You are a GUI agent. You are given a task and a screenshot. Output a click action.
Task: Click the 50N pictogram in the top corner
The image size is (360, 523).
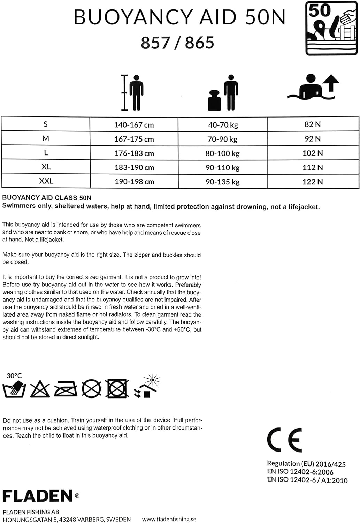331,28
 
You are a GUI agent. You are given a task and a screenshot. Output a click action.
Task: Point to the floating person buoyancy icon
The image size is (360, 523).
313,87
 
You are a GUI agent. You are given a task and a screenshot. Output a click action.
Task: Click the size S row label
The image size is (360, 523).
46,124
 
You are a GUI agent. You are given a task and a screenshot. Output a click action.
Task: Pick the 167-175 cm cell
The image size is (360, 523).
134,139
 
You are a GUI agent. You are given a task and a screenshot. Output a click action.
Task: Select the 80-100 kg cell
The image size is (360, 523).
223,153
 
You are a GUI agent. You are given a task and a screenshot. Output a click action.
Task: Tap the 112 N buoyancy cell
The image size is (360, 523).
313,167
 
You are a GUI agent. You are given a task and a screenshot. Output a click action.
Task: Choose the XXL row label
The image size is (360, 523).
46,181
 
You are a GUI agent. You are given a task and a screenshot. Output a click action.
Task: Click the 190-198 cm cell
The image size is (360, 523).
134,182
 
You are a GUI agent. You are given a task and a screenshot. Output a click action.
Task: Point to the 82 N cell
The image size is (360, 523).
313,124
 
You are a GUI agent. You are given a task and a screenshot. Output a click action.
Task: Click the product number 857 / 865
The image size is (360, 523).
177,43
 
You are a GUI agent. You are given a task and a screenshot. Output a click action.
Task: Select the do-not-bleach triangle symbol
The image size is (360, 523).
40,389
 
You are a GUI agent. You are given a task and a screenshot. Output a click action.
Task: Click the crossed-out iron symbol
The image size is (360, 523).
66,389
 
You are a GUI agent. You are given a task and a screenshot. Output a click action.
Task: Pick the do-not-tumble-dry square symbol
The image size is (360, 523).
117,389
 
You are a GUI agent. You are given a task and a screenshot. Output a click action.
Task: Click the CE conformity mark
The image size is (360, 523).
284,440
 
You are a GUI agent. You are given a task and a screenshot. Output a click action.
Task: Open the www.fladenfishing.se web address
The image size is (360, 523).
169,519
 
